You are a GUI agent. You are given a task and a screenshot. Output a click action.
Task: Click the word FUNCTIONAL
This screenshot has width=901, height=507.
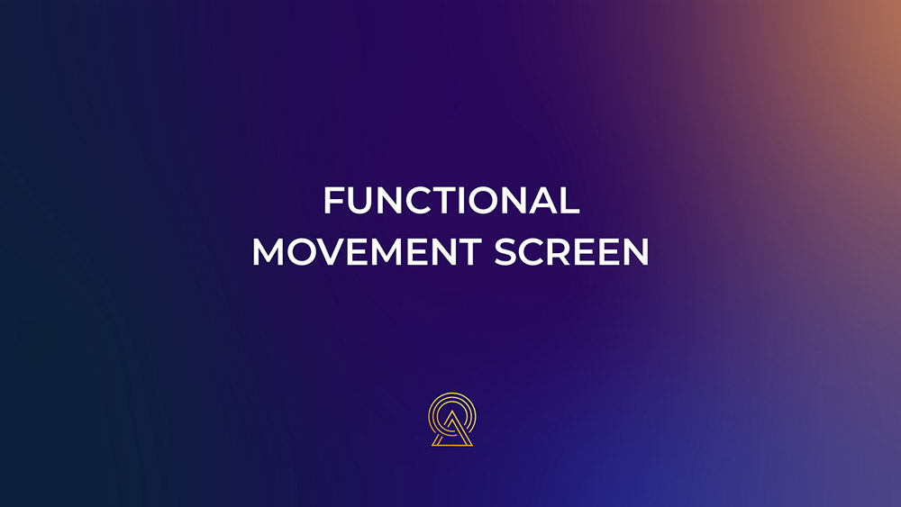pos(451,200)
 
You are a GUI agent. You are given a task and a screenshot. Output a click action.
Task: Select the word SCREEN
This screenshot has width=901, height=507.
pos(572,252)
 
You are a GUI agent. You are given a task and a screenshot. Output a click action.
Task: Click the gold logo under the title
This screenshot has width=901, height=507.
pos(452,419)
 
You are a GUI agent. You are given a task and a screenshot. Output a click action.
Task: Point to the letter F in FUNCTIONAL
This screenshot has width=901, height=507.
pos(334,200)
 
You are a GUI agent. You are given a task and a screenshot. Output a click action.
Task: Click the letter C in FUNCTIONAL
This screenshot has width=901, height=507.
pos(423,200)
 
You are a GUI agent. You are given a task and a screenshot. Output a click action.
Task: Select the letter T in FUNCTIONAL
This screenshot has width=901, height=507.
pos(450,200)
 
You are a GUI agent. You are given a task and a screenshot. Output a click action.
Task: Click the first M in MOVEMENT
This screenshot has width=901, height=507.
pos(268,252)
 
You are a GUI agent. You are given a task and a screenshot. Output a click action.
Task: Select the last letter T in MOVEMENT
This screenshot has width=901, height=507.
pos(469,252)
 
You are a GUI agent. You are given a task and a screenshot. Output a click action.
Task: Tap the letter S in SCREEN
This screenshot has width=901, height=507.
pos(505,252)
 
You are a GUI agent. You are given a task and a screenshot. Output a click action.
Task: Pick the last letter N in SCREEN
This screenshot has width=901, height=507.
pos(635,252)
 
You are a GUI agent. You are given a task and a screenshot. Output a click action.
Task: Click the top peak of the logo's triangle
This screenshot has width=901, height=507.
pos(452,411)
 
